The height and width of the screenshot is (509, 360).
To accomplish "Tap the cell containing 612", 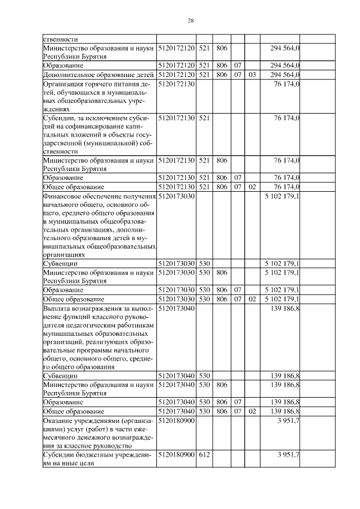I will tap(204, 454).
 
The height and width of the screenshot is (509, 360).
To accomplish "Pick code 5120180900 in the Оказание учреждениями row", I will tap(177, 421).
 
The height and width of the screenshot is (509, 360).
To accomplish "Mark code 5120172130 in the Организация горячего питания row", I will tap(177, 84).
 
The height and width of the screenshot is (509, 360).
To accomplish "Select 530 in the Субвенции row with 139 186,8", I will tap(204, 375).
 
